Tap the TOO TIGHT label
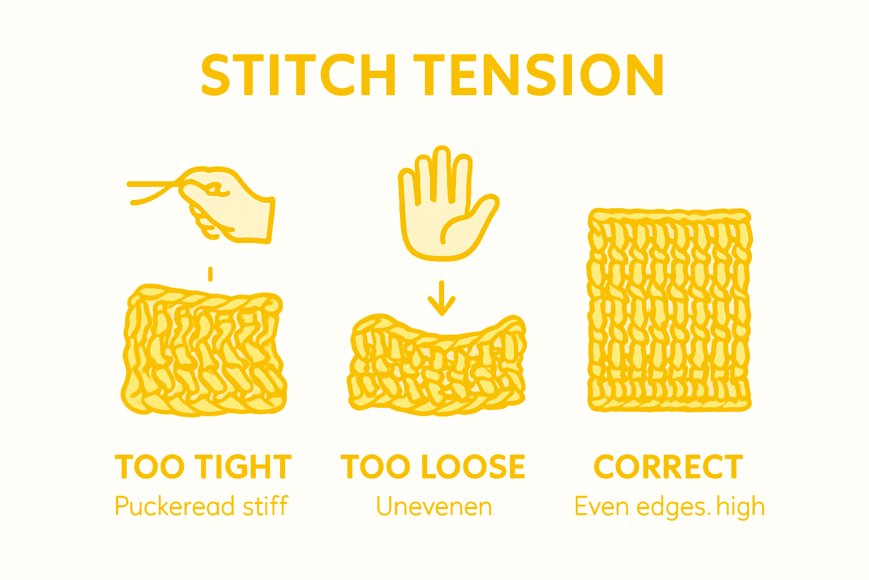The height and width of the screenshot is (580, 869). pyautogui.click(x=203, y=467)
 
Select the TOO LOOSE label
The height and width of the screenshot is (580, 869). pyautogui.click(x=433, y=467)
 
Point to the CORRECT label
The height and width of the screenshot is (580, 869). pyautogui.click(x=668, y=467)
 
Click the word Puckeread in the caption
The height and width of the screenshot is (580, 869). pyautogui.click(x=175, y=506)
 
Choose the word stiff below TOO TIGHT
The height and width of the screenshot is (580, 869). pyautogui.click(x=265, y=506)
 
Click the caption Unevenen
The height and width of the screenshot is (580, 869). pyautogui.click(x=434, y=506)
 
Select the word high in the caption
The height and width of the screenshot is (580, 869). pyautogui.click(x=741, y=506)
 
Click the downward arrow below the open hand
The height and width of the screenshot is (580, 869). pyautogui.click(x=441, y=298)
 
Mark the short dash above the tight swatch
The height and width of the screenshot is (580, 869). pyautogui.click(x=210, y=274)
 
